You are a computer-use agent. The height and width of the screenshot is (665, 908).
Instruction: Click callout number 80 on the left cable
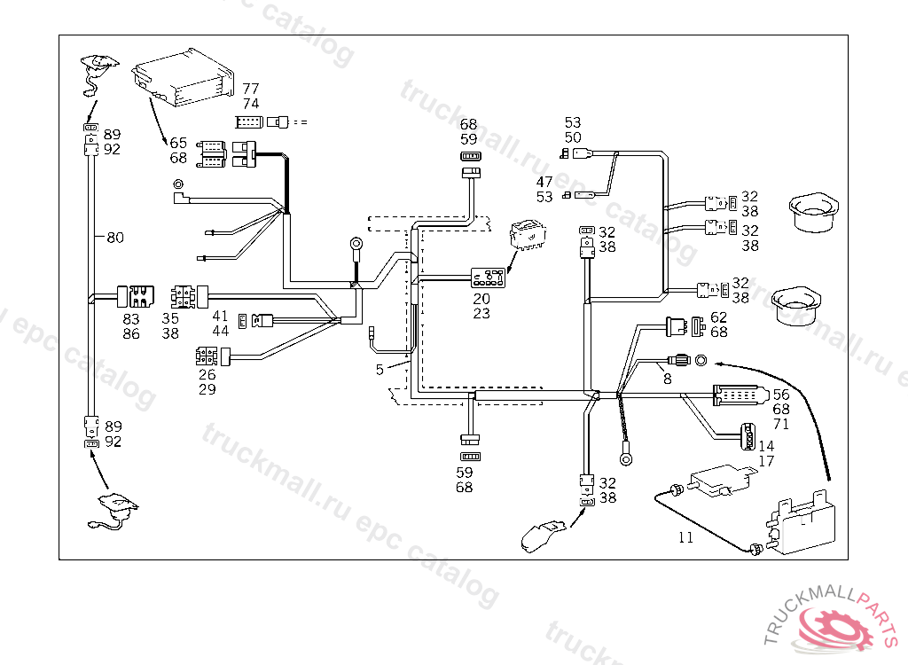point(115,238)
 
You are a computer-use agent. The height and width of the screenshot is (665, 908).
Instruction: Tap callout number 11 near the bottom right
point(685,537)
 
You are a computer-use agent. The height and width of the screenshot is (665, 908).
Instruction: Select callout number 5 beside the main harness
point(380,370)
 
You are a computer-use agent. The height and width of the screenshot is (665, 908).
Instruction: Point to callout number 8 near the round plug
point(667,379)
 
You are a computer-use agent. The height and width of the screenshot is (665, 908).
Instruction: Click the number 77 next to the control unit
point(251,89)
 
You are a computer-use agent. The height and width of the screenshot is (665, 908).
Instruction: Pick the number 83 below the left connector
point(131,318)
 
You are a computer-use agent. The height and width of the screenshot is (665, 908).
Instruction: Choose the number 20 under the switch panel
point(481,299)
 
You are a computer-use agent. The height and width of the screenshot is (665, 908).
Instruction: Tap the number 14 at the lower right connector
point(767,446)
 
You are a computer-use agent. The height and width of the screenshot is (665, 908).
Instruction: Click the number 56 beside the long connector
point(781,395)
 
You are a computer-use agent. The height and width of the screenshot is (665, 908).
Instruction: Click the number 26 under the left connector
point(207,375)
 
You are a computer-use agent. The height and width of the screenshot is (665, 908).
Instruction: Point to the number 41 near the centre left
point(220,316)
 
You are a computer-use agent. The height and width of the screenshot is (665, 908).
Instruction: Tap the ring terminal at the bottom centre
point(628,459)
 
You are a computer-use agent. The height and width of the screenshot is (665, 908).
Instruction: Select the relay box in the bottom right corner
point(805,527)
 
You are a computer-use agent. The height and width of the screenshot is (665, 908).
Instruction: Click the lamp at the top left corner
point(98,65)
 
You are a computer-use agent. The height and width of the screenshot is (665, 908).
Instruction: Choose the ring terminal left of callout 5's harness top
point(356,241)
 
